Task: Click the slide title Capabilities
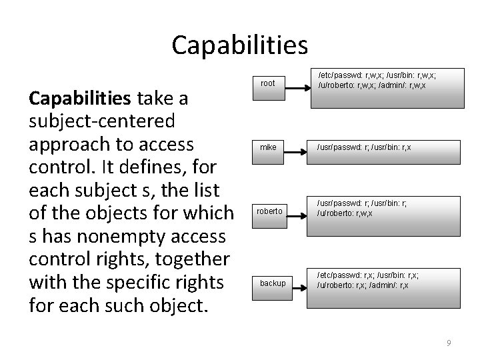pos(239,45)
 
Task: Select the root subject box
pos(267,83)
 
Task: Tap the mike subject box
pos(267,147)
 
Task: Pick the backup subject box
pos(272,283)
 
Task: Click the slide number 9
pos(449,343)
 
